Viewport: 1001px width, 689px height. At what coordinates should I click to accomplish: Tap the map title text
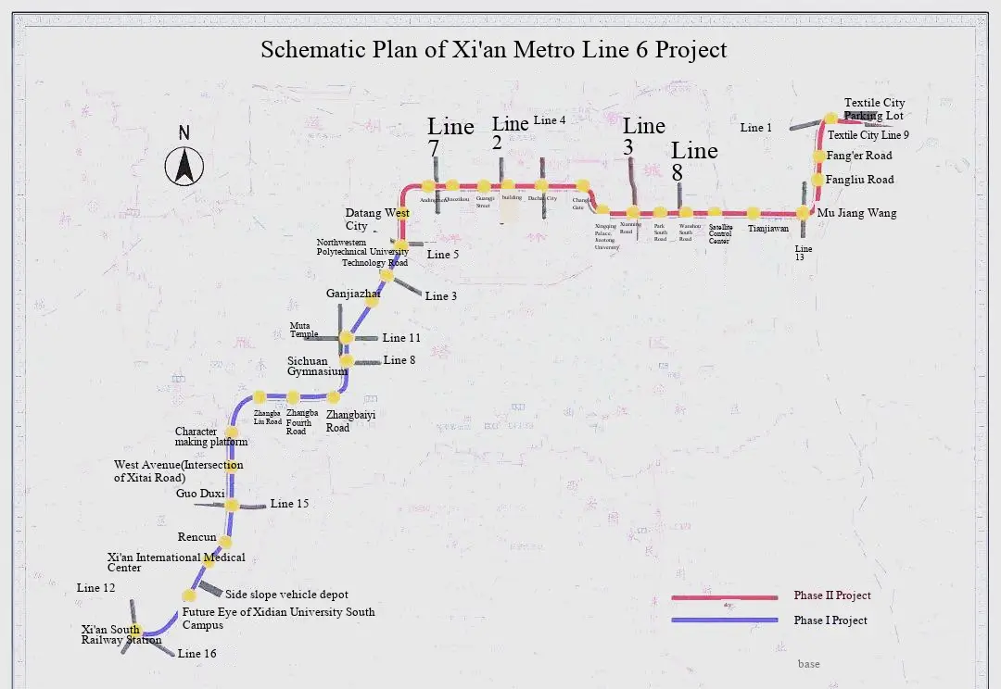493,49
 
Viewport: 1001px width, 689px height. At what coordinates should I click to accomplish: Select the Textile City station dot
830,119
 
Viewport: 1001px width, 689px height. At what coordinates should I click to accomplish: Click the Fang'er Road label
859,156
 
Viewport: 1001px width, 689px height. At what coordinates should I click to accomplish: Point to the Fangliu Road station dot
818,180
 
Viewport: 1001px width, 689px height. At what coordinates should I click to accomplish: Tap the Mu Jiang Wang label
856,213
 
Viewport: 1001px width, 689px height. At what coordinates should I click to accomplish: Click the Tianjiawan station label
768,229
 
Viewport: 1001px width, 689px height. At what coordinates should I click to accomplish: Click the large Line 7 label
450,137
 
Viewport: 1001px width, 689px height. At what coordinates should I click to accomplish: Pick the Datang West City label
376,219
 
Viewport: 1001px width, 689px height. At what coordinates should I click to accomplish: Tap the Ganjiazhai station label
353,294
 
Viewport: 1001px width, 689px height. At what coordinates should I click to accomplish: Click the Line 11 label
401,338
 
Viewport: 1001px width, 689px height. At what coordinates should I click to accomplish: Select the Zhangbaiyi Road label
350,421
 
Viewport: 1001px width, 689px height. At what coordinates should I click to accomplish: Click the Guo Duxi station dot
233,505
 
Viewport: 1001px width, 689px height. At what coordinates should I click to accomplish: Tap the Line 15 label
289,504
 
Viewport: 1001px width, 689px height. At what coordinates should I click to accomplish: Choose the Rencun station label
196,537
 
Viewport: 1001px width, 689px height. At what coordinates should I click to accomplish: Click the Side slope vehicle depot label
287,595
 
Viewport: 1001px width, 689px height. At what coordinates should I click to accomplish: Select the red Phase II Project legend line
724,597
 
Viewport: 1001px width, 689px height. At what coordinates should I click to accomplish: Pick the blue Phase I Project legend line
724,620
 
